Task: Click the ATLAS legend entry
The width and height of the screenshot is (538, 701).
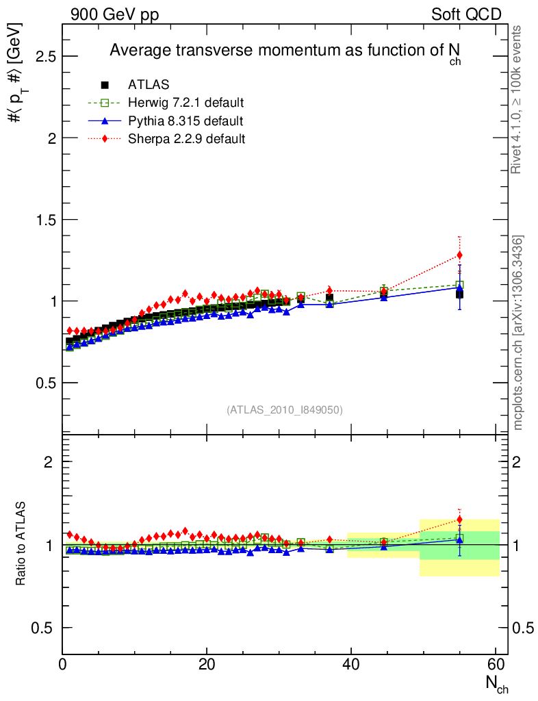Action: click(149, 85)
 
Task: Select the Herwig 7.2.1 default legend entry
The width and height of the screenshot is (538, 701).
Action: click(185, 103)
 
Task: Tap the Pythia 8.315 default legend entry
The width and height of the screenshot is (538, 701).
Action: click(185, 121)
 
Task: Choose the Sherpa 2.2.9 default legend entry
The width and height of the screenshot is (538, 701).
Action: click(186, 139)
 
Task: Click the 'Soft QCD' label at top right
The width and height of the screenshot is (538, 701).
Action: click(466, 15)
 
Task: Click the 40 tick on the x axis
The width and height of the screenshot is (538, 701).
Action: click(351, 664)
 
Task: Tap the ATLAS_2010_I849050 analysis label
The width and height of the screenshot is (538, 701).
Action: click(285, 409)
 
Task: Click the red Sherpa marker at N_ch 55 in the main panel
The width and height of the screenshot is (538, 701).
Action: click(459, 255)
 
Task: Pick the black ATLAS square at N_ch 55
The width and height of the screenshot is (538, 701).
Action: click(459, 294)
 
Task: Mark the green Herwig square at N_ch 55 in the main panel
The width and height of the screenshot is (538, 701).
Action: click(459, 285)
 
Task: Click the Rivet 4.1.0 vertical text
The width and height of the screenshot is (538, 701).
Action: click(517, 99)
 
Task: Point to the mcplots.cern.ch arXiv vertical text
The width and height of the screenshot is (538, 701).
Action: click(518, 332)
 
